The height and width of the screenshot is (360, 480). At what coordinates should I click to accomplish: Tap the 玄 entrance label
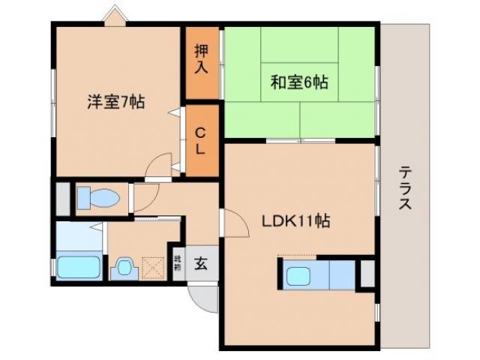[202, 263]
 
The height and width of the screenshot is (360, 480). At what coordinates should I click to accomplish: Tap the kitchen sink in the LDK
[303, 275]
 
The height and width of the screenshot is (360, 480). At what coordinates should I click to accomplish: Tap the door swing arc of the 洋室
[157, 166]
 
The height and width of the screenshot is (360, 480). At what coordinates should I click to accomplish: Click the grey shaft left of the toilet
[60, 198]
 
